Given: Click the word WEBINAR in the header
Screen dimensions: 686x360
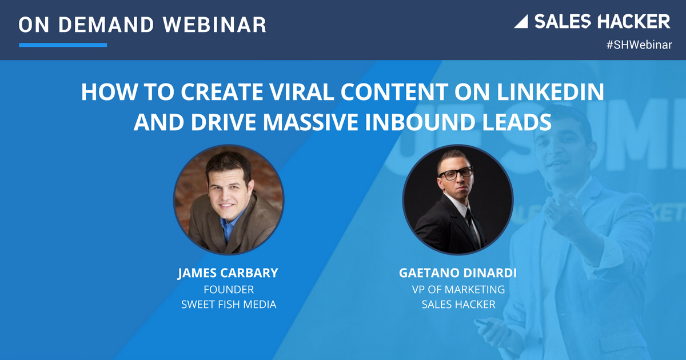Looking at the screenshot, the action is pos(214,25).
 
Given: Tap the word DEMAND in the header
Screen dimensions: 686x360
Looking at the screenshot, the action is pos(106,25).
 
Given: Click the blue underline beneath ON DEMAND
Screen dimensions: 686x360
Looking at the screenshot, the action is pos(63,45).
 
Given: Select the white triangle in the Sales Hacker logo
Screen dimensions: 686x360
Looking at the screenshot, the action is pos(521,21).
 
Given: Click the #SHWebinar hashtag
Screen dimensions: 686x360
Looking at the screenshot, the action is pos(639,45).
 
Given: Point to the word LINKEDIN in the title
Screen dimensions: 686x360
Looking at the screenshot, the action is pos(551,92).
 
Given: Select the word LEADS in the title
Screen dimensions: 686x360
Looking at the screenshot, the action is pos(517,122).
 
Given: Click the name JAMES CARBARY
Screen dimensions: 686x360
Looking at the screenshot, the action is pos(228,273).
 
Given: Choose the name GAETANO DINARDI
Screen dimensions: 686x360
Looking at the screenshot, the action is pos(458,273).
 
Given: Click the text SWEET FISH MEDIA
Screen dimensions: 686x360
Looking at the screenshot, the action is pos(229,304).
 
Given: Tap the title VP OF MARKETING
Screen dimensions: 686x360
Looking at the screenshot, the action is pos(458,289).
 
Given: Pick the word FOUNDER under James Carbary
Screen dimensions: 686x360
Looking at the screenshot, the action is pos(229,289).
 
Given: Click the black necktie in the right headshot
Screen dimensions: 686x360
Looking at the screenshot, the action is pos(473,226).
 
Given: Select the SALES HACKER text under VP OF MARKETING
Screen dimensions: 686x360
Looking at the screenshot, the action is pos(458,304).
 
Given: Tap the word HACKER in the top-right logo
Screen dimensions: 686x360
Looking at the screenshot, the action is pos(634,22).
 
